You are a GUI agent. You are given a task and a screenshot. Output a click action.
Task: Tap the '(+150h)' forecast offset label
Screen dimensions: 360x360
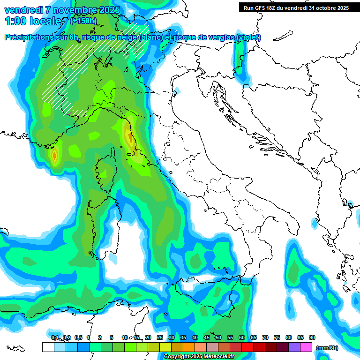point(83,21)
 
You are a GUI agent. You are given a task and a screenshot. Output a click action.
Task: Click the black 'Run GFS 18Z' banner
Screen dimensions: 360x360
point(296,8)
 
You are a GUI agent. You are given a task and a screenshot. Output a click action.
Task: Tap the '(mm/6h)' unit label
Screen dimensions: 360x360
point(327,348)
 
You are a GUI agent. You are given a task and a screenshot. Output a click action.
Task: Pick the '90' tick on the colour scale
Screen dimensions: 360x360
point(312,337)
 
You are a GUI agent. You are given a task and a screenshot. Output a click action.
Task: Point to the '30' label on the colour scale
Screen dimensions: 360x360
point(172,337)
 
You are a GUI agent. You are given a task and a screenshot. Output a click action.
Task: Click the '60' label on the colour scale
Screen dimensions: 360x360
point(242,337)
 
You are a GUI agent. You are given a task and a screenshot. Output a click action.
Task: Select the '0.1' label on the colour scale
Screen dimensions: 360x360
point(55,337)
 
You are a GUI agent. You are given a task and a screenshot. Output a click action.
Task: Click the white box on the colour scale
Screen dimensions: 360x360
point(48,347)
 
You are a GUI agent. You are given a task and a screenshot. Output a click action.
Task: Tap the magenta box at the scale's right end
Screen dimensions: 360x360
point(306,347)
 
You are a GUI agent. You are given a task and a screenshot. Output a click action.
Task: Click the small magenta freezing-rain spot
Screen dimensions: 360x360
point(70,113)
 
